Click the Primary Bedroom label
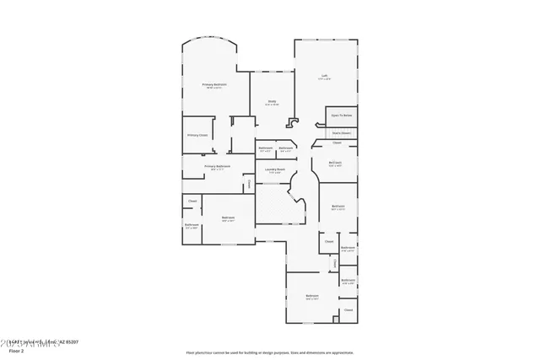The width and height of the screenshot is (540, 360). (213, 85)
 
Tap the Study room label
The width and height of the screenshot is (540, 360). (273, 102)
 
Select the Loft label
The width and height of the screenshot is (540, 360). (324, 76)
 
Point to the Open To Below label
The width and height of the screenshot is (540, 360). (341, 115)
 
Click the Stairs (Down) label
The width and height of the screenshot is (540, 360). (341, 132)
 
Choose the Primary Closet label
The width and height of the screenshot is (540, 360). (197, 135)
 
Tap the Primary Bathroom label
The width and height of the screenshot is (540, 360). (217, 166)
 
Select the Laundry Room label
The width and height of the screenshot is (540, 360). (274, 169)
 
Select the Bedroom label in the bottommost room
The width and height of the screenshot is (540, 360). (311, 296)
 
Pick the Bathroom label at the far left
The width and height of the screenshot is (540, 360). (192, 224)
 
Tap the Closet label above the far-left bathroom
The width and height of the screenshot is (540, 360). (192, 201)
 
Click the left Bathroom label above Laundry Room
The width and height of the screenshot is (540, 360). (265, 148)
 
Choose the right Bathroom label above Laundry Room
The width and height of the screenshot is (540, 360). (286, 148)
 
